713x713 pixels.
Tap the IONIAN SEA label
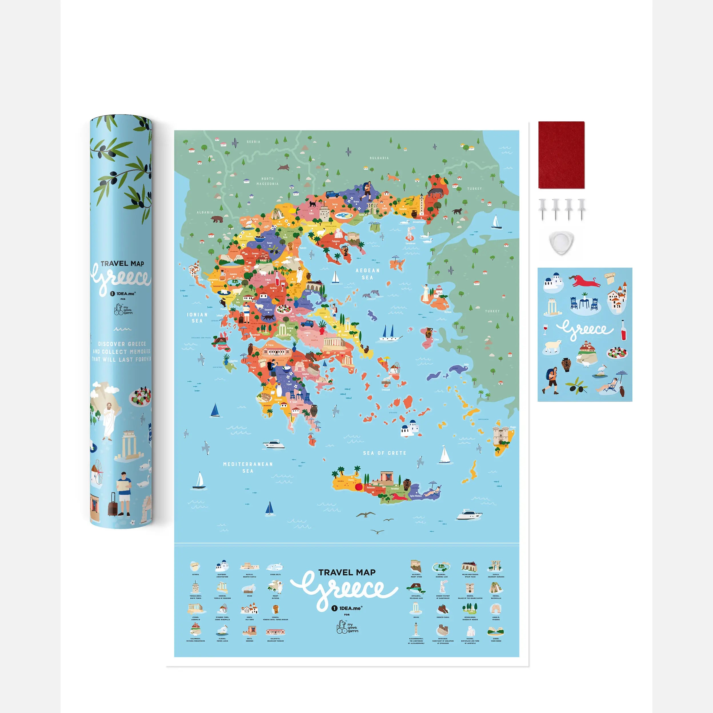click(x=197, y=318)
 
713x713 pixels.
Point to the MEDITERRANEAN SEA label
click(x=248, y=467)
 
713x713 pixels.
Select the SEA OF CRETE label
click(x=384, y=453)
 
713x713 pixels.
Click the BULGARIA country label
click(x=379, y=158)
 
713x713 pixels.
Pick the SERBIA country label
click(x=254, y=142)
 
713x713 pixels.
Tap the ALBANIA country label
click(x=205, y=212)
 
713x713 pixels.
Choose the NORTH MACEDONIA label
click(x=268, y=181)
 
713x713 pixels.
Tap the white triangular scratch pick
click(x=561, y=243)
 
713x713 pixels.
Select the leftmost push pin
click(x=542, y=209)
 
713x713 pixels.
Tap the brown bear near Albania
click(x=217, y=219)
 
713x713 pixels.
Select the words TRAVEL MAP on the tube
click(x=122, y=263)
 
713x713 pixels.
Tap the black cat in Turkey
click(x=457, y=211)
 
